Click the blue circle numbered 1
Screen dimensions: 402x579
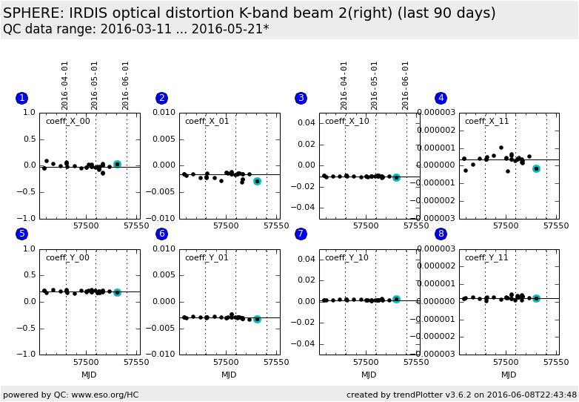tap(21, 98)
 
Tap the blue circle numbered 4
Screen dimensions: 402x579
tap(441, 98)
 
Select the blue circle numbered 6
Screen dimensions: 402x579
tap(161, 234)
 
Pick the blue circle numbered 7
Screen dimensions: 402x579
tap(301, 234)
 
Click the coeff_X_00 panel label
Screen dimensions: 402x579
tap(67, 121)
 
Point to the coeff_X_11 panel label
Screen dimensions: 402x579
tap(486, 121)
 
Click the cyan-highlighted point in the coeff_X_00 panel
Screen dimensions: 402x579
tap(117, 164)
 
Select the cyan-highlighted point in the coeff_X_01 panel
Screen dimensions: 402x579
tap(257, 181)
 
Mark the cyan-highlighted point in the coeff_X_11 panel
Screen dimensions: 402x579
tap(536, 168)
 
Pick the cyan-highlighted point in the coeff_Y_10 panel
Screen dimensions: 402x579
tap(396, 299)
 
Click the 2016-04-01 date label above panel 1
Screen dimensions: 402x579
tap(65, 85)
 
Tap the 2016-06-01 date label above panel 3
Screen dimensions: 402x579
tap(406, 85)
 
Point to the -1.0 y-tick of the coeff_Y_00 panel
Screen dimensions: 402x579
tap(27, 355)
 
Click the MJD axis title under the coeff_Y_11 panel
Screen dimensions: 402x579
tap(509, 375)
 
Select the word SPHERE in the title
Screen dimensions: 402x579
tap(33, 13)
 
